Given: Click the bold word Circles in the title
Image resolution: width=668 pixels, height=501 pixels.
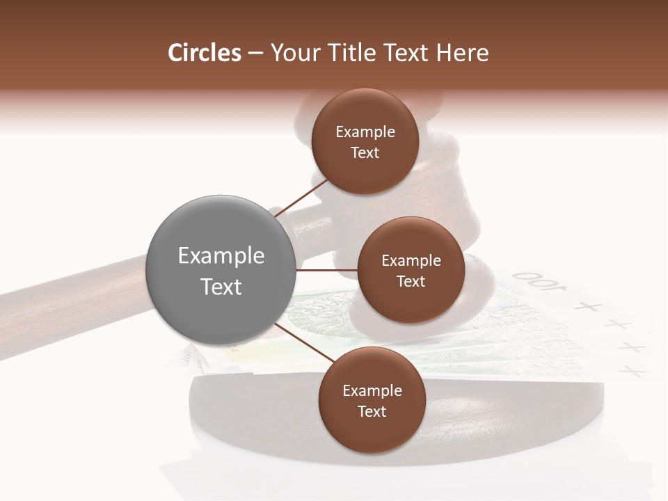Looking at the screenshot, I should (204, 53).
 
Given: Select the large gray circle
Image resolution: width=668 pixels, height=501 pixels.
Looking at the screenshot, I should (221, 269).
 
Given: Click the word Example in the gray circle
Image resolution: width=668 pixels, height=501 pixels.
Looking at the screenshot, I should (221, 256).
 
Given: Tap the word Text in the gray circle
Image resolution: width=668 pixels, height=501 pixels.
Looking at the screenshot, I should (221, 287).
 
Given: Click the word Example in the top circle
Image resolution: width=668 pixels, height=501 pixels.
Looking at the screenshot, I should (365, 132).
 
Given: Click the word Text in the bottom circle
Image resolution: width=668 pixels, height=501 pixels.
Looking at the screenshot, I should (372, 411).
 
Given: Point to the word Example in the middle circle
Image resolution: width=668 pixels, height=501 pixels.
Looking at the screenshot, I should (411, 261).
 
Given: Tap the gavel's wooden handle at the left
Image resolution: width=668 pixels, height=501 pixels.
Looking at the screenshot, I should (63, 292).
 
